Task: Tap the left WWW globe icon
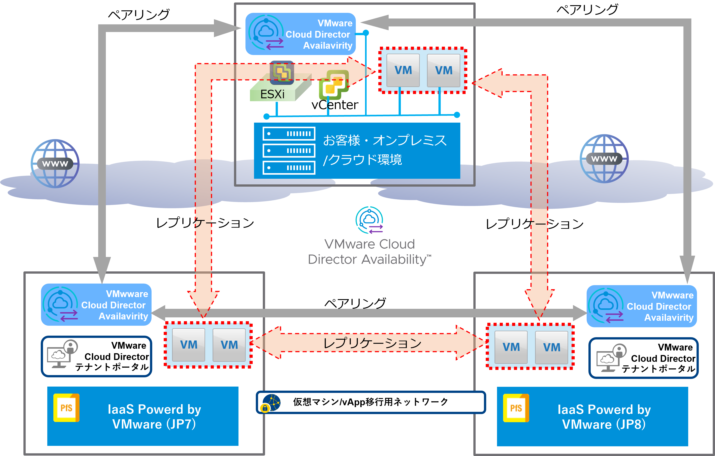tap(55, 163)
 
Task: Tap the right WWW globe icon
tap(604, 158)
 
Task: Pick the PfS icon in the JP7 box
tap(66, 408)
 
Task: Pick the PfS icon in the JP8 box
tap(516, 408)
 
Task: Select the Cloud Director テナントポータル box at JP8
tap(643, 358)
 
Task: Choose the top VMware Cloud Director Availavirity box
tap(300, 34)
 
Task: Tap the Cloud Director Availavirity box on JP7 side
tap(96, 305)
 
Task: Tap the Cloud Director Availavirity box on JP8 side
tap(642, 306)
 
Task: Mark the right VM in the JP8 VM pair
tap(551, 347)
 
